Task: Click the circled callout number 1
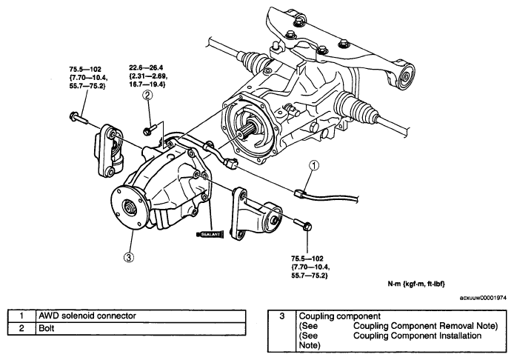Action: click(314, 166)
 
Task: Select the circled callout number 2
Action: click(147, 95)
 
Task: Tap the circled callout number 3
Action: click(129, 257)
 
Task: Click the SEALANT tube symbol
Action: click(210, 234)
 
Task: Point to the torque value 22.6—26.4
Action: click(146, 68)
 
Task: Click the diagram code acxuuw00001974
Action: click(483, 298)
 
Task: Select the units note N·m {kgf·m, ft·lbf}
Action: click(416, 284)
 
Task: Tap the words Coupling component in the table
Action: click(340, 316)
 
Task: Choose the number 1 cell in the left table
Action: click(21, 316)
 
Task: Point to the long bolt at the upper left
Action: click(79, 117)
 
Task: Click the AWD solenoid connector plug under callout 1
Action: click(299, 193)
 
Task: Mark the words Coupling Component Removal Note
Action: click(425, 326)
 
